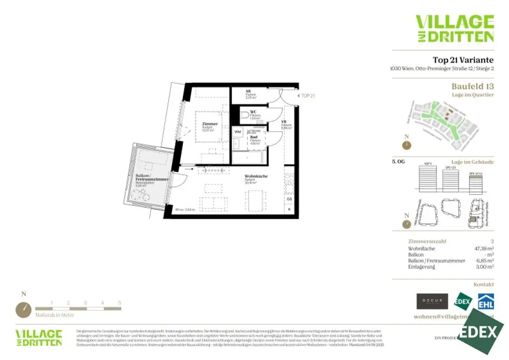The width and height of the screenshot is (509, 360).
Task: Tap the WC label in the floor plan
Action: pyautogui.click(x=253, y=112)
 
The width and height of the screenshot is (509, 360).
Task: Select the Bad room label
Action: pyautogui.click(x=254, y=137)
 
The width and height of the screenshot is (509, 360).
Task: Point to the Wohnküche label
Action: pyautogui.click(x=256, y=176)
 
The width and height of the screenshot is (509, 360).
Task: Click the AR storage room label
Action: pyautogui.click(x=248, y=91)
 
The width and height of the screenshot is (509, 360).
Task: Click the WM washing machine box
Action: pyautogui.click(x=237, y=131)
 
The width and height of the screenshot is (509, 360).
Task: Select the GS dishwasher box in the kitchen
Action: pyautogui.click(x=289, y=199)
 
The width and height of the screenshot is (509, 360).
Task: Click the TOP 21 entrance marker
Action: pyautogui.click(x=307, y=95)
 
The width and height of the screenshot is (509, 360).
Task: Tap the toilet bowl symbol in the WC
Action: pyautogui.click(x=244, y=116)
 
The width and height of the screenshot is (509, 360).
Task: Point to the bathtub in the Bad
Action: pyautogui.click(x=249, y=158)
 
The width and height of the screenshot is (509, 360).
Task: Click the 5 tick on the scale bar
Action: pyautogui.click(x=119, y=302)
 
